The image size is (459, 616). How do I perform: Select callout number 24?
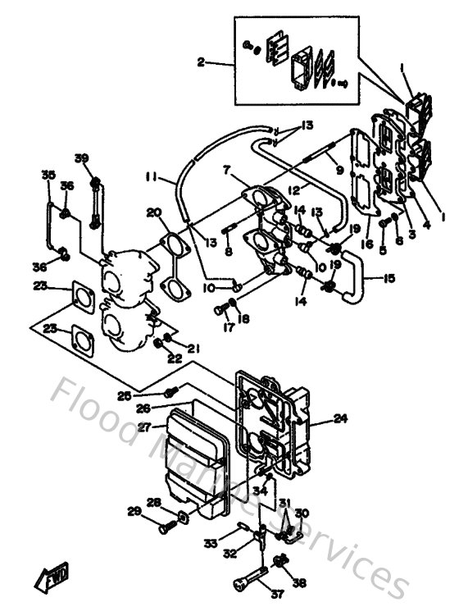[341, 418]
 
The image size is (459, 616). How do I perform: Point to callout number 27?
[144, 427]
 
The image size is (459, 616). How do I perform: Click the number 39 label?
[81, 158]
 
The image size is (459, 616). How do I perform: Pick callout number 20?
[153, 212]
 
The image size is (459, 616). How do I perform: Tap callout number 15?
[389, 278]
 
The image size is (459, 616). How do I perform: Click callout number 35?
[48, 175]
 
